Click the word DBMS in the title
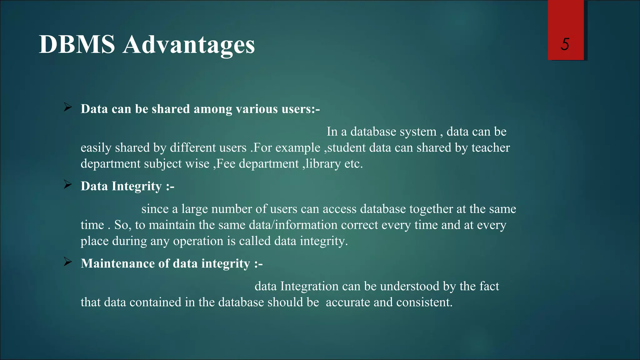(77, 45)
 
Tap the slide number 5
(565, 44)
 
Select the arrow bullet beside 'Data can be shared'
(68, 107)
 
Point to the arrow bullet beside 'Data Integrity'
(68, 185)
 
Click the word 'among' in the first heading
(213, 109)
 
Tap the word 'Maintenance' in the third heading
(117, 263)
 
